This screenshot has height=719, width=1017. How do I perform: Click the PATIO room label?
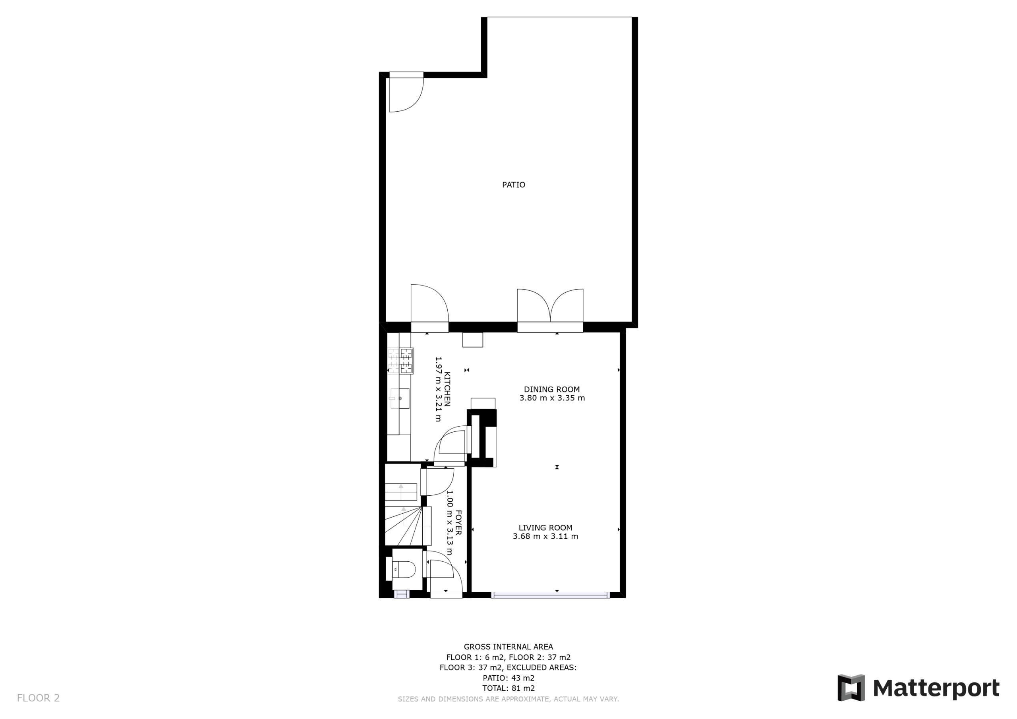(513, 185)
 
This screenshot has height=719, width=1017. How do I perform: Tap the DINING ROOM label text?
(551, 389)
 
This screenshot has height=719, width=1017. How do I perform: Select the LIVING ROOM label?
(545, 528)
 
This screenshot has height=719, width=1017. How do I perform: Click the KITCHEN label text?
(447, 389)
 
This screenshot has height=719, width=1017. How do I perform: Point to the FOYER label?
(458, 523)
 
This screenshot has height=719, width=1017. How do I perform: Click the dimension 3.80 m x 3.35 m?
(552, 398)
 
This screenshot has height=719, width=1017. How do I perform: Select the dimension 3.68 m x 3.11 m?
(545, 536)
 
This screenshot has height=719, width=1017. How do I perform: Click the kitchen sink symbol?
(399, 398)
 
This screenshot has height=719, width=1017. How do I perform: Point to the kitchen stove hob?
(400, 361)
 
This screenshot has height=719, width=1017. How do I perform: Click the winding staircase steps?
(408, 526)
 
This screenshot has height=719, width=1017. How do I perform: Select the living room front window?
(551, 595)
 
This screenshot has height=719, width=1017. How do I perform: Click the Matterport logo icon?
(851, 688)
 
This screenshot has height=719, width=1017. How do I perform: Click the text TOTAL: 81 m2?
(508, 688)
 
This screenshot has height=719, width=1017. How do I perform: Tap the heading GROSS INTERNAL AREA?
(508, 647)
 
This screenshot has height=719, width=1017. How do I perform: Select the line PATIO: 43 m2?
(508, 678)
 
